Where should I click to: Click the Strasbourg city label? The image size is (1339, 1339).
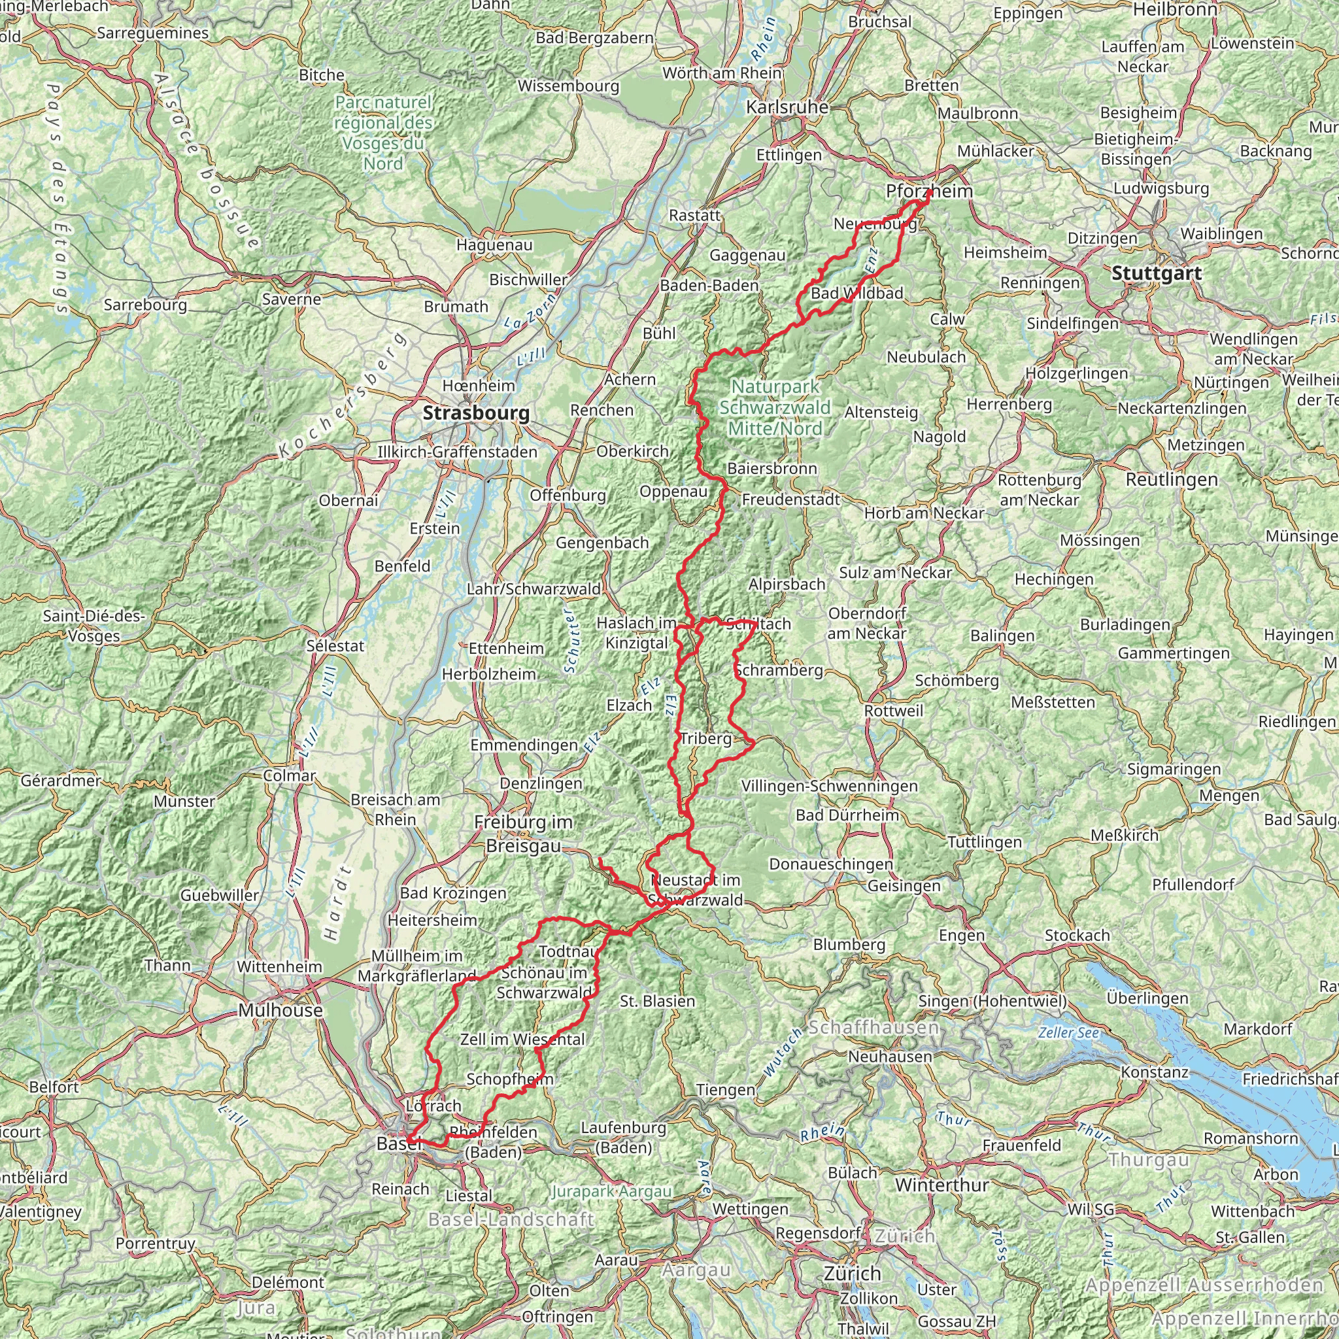(x=476, y=413)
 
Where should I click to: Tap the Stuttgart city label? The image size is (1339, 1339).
(x=1156, y=273)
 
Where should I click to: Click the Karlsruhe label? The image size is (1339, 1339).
(x=787, y=107)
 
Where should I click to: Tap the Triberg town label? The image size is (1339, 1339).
(x=705, y=739)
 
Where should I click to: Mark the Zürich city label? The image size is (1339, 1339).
(x=852, y=1273)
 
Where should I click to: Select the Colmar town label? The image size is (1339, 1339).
(x=289, y=775)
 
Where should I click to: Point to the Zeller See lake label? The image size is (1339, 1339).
(x=1068, y=1032)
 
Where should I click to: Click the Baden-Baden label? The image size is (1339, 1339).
(x=709, y=286)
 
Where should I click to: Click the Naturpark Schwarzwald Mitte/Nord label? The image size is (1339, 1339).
(x=774, y=407)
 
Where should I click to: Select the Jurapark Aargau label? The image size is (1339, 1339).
(x=611, y=1191)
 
